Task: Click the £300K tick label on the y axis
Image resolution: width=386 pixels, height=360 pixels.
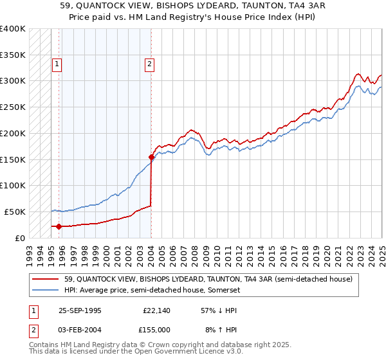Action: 13,81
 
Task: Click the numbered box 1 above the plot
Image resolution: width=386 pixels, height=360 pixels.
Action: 57,64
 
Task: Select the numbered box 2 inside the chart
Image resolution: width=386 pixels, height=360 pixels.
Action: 149,64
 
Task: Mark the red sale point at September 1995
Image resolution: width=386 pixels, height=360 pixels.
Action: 59,226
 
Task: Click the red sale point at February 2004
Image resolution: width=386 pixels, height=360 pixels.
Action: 151,157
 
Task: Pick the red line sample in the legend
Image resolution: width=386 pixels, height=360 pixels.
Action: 46,279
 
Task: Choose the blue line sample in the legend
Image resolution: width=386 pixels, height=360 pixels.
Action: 46,290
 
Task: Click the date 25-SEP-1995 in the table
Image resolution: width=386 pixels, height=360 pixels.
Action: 80,310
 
